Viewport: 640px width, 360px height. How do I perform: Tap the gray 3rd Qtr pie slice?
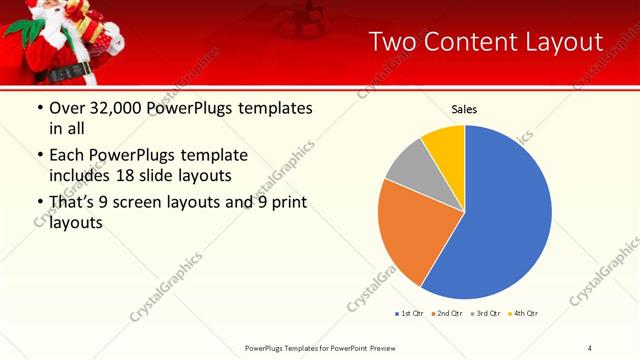pos(410,170)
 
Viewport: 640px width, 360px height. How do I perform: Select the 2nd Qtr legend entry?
pos(446,314)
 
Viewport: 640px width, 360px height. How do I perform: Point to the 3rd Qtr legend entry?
pos(485,314)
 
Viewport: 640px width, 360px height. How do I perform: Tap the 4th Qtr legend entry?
pos(523,314)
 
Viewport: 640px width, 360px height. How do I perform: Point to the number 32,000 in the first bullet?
pos(114,109)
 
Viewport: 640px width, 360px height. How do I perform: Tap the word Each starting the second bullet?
pos(68,155)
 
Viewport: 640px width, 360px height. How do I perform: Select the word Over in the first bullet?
pos(68,109)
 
